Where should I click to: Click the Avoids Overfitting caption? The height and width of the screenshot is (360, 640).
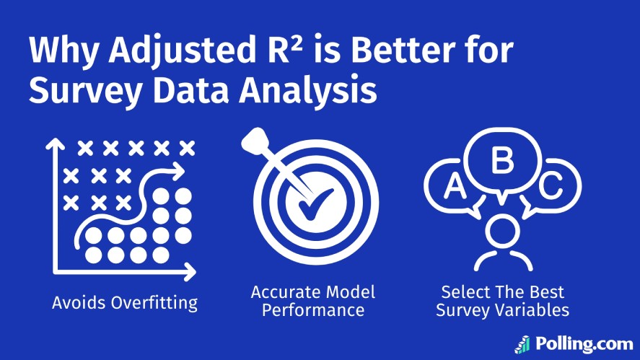125,302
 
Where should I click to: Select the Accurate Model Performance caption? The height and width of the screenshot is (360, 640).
313,302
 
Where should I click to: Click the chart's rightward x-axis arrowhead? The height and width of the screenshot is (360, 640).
190,272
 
